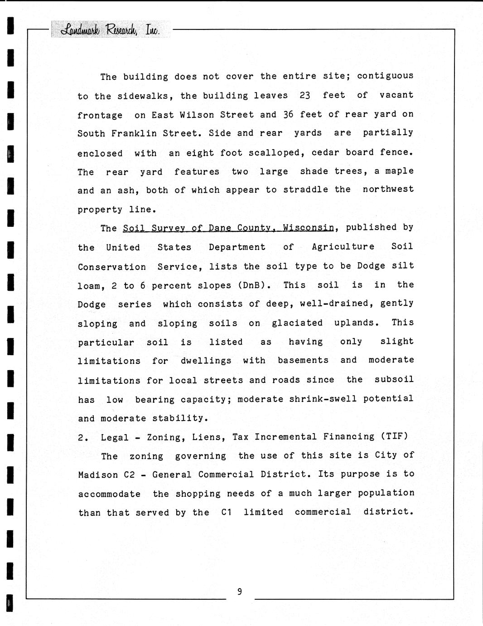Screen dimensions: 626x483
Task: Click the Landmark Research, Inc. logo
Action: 111,30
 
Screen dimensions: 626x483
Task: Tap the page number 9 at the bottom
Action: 239,592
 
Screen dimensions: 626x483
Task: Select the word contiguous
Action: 385,76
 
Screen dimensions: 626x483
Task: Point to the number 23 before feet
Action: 305,95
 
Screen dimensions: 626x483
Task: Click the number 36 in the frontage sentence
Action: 288,114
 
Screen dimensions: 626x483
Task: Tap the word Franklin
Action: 134,133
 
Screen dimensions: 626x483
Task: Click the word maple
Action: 399,171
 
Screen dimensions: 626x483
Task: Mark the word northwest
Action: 388,190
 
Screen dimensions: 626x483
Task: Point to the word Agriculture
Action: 343,247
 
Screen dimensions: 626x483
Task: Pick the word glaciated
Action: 297,323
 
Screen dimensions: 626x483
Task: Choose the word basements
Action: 303,360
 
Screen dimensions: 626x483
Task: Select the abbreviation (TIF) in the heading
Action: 394,436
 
